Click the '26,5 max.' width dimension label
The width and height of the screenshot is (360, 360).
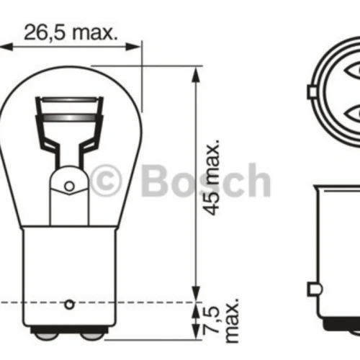tap(71, 32)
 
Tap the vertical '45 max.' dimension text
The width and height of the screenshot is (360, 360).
tap(211, 176)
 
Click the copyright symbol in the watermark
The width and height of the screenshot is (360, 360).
tap(106, 179)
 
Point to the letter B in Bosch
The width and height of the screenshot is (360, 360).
tap(156, 179)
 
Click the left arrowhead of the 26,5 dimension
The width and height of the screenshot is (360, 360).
tap(5, 47)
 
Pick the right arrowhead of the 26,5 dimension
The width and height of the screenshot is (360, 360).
tap(133, 47)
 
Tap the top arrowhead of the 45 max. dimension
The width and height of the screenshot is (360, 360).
tap(196, 75)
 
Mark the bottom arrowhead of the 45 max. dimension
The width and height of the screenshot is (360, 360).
tap(196, 294)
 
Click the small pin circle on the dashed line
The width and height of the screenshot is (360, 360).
tap(69, 305)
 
